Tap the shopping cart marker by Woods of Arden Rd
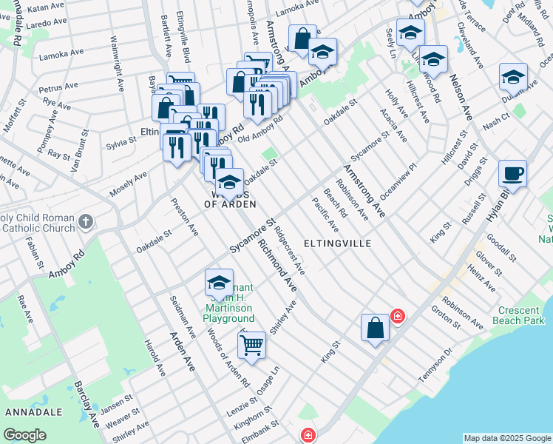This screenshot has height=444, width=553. pos(252,346)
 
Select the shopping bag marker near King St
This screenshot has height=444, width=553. pos(375,329)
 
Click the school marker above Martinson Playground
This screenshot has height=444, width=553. pos(219,283)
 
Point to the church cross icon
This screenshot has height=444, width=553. pos(86,221)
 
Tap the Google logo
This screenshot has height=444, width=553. pos(25,435)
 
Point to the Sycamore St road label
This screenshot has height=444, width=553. pos(252,236)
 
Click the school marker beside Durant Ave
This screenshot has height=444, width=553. pos(512,78)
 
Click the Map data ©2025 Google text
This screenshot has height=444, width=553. pos(507,438)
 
